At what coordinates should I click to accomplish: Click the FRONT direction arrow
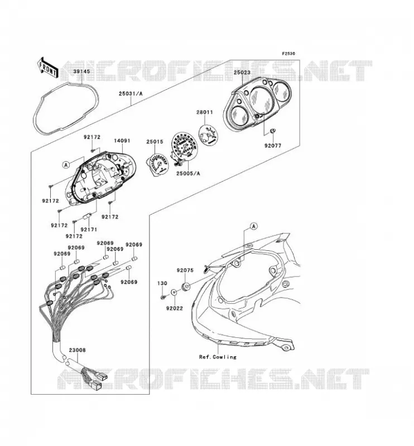point(48,67)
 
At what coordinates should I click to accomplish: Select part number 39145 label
point(81,71)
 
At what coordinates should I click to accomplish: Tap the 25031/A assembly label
point(131,93)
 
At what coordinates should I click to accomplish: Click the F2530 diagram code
point(288,54)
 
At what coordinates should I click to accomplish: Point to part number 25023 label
point(242,72)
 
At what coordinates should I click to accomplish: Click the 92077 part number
point(273,146)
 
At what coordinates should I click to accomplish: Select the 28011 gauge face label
point(204,113)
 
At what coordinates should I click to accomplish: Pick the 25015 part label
point(155,142)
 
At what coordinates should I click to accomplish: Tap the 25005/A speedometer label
point(188,173)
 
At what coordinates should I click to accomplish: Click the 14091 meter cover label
point(122,140)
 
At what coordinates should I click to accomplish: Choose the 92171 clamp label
point(89,230)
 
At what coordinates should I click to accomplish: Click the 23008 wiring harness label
point(77,350)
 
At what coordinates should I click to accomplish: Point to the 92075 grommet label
point(185,270)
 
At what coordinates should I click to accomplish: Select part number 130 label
point(162,283)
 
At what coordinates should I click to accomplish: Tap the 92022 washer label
point(175,308)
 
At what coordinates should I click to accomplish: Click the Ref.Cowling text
point(218,357)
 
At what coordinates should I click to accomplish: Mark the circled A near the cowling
point(253,226)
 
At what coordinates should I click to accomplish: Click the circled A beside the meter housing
point(66,164)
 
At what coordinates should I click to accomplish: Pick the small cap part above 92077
point(272,130)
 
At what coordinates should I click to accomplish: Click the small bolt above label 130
point(163,297)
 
